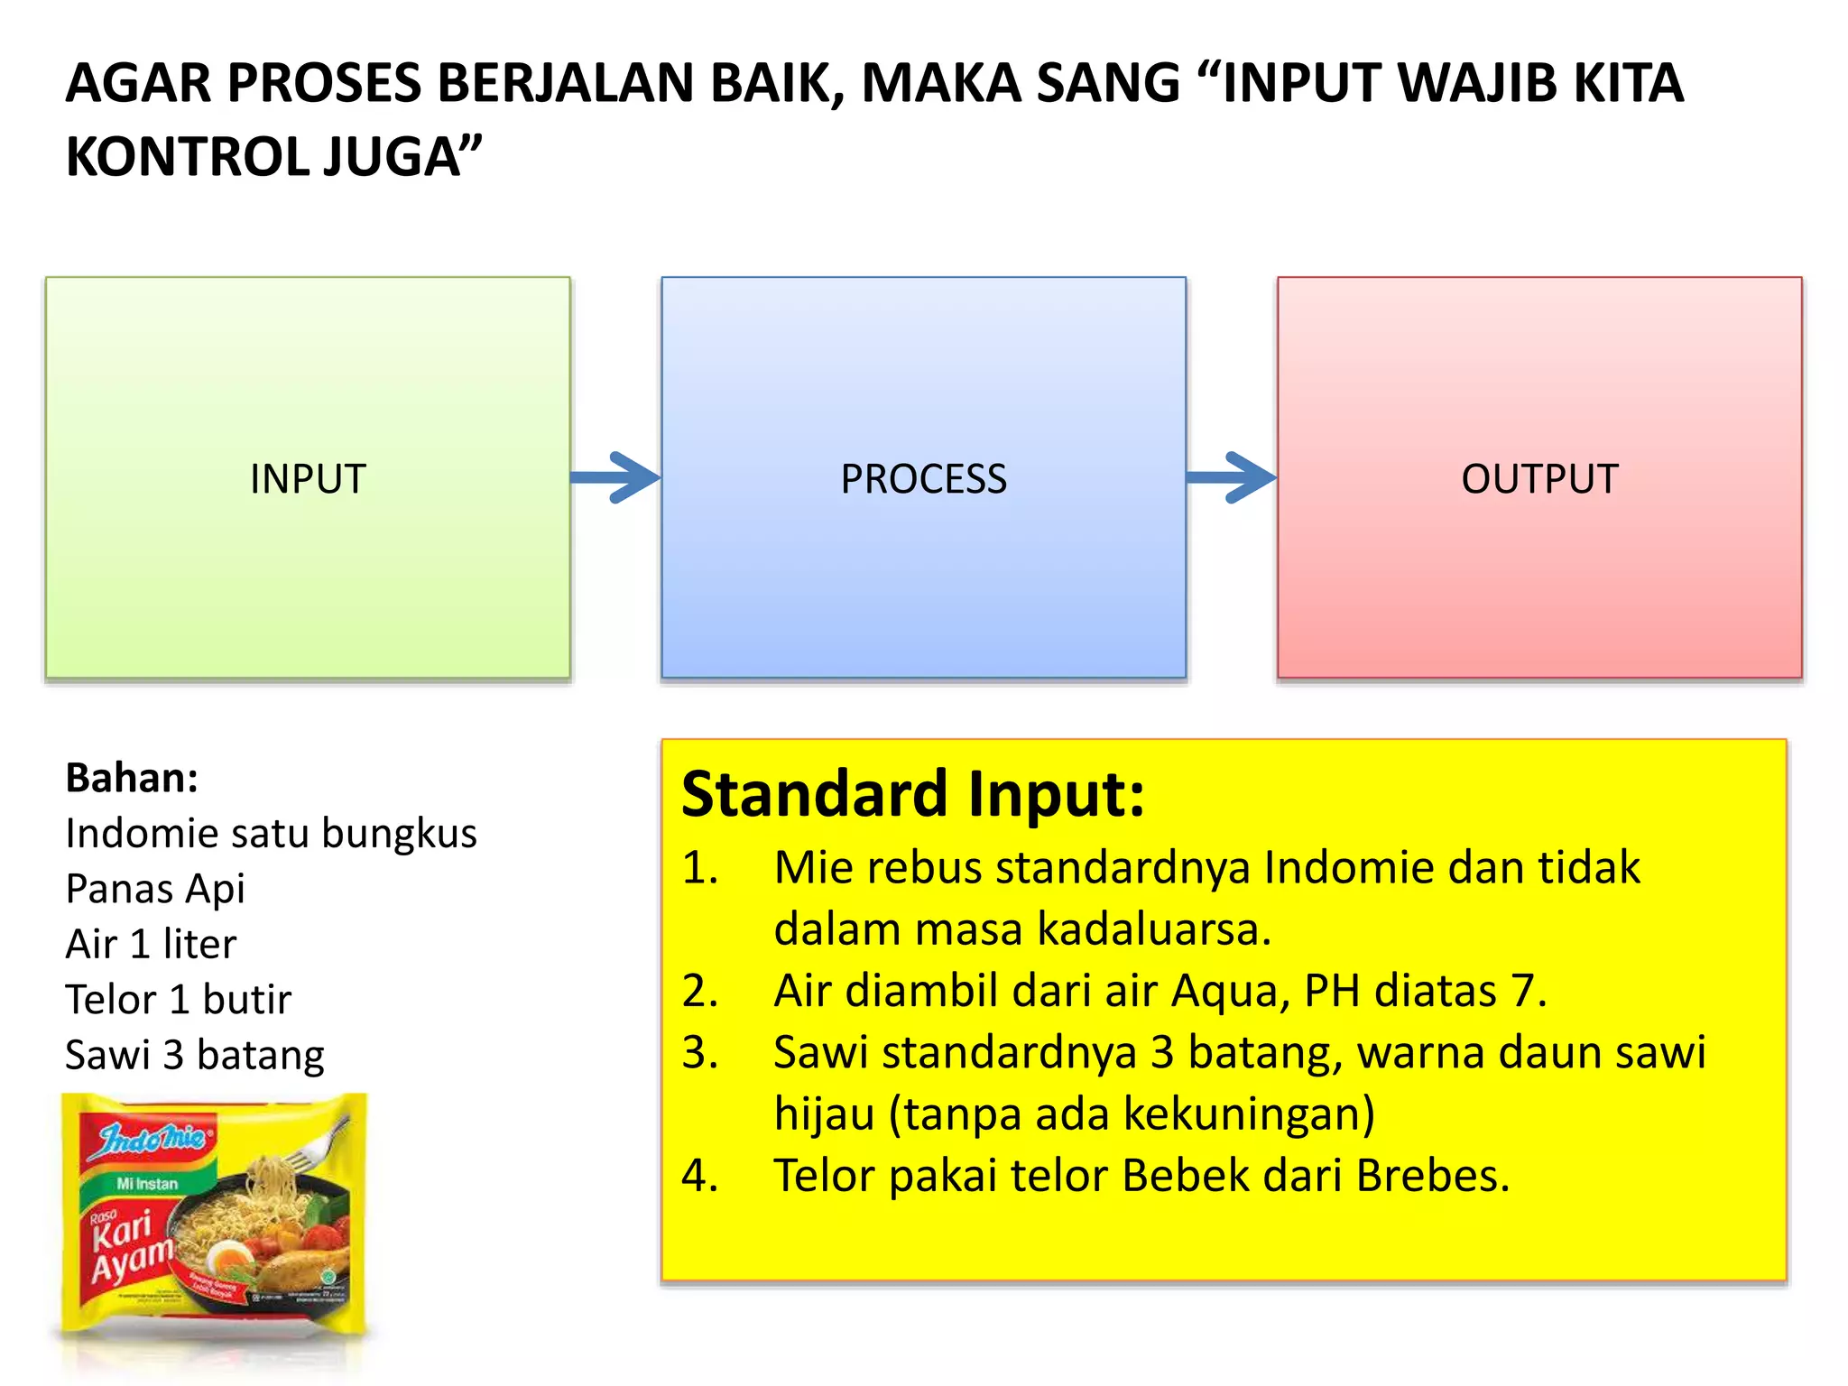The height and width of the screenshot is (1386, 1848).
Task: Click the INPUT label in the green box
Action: (x=308, y=478)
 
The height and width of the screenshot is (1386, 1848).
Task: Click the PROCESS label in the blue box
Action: (x=923, y=478)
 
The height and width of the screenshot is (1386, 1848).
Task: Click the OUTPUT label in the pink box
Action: (x=1539, y=478)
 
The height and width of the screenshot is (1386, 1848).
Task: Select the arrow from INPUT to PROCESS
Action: (x=617, y=477)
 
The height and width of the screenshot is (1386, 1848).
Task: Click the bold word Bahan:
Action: (x=132, y=778)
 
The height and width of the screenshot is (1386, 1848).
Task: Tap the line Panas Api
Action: (x=155, y=889)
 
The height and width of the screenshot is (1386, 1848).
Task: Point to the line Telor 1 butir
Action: (x=179, y=1000)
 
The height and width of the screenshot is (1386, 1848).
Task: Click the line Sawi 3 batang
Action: (x=195, y=1055)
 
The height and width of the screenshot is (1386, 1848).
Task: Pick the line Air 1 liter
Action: (x=151, y=945)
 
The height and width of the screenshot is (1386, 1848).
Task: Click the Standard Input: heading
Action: (x=912, y=794)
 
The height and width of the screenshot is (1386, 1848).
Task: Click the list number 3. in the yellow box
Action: (x=700, y=1053)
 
